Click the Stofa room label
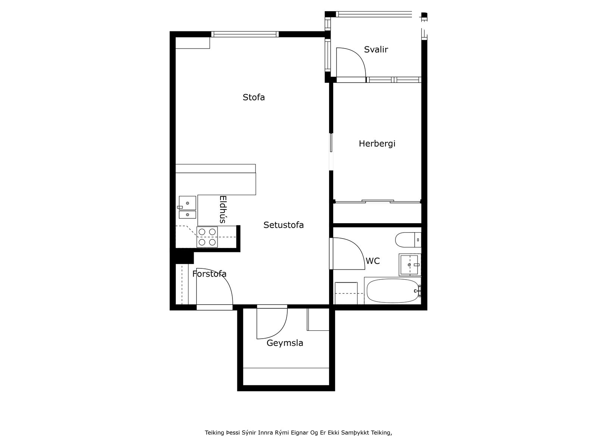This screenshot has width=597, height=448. pos(253,97)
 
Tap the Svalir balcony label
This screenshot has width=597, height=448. pos(376,49)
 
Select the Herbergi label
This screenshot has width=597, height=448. pos(377,143)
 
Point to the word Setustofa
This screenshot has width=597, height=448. pos(284,225)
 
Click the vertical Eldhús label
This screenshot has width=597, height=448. pos(223,209)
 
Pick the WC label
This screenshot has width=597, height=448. pos(373,261)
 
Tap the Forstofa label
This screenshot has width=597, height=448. pos(209,274)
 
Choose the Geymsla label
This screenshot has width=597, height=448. pos(285,343)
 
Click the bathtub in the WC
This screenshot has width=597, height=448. pos(393,291)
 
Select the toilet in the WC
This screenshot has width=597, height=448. pos(408,240)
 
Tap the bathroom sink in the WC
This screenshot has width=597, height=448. pos(410,265)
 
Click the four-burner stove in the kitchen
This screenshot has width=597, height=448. pos(207,237)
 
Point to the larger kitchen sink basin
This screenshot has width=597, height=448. pos(187,203)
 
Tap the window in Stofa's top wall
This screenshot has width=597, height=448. pos(245,34)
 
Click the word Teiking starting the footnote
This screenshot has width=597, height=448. pos(214,432)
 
